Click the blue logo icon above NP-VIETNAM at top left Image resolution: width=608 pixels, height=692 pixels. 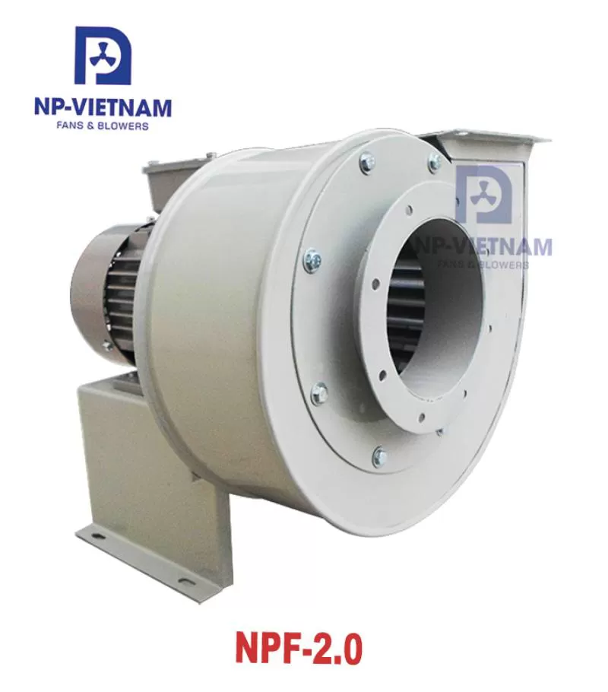click(103, 56)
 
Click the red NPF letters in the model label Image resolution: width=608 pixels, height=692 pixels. click(268, 649)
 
